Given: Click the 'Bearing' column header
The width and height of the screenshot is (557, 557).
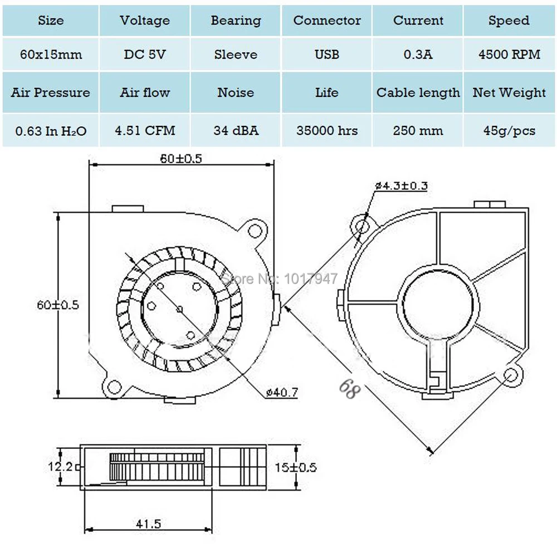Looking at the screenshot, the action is (x=236, y=21).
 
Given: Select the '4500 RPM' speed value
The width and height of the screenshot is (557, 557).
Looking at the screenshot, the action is (x=509, y=55).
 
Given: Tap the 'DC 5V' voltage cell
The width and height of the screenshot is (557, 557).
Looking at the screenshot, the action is (x=145, y=55).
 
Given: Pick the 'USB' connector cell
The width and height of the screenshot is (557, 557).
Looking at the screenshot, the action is (x=327, y=55).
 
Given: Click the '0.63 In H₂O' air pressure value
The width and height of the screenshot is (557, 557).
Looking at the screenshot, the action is (x=51, y=131).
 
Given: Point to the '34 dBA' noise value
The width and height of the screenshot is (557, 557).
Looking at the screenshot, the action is (x=236, y=130).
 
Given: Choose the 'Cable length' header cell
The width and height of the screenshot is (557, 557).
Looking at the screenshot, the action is (x=418, y=92).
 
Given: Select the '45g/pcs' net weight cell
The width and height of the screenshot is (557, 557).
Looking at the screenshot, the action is (x=509, y=131).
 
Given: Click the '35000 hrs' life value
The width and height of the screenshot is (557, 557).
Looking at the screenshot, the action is (x=327, y=130).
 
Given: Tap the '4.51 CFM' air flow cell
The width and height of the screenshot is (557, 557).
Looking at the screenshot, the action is (x=145, y=130).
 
